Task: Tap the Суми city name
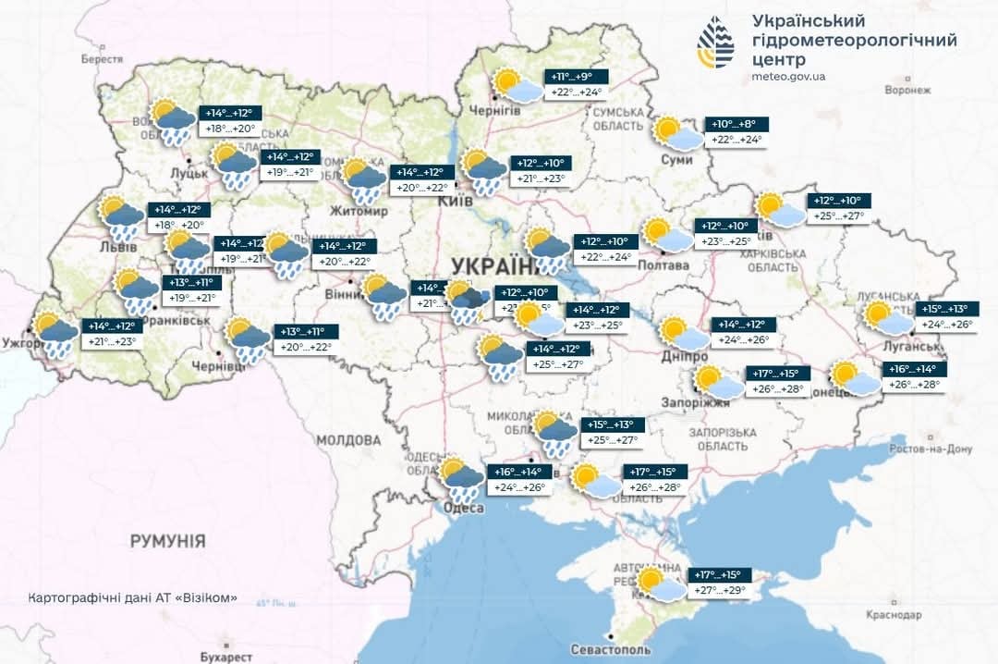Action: [x=677, y=160]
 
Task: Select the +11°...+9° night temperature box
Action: [x=579, y=77]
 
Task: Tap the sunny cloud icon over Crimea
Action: [x=660, y=585]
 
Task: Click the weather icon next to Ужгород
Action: [x=55, y=335]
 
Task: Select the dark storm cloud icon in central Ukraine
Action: [x=469, y=300]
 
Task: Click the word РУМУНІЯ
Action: [x=167, y=540]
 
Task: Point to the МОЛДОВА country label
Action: [x=347, y=439]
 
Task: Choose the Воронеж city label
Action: [x=906, y=90]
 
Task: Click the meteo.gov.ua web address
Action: [x=789, y=77]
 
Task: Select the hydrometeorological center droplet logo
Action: [x=716, y=43]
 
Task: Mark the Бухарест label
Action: [x=225, y=656]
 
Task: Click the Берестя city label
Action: [x=102, y=58]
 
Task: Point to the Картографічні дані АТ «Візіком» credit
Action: [x=133, y=597]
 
